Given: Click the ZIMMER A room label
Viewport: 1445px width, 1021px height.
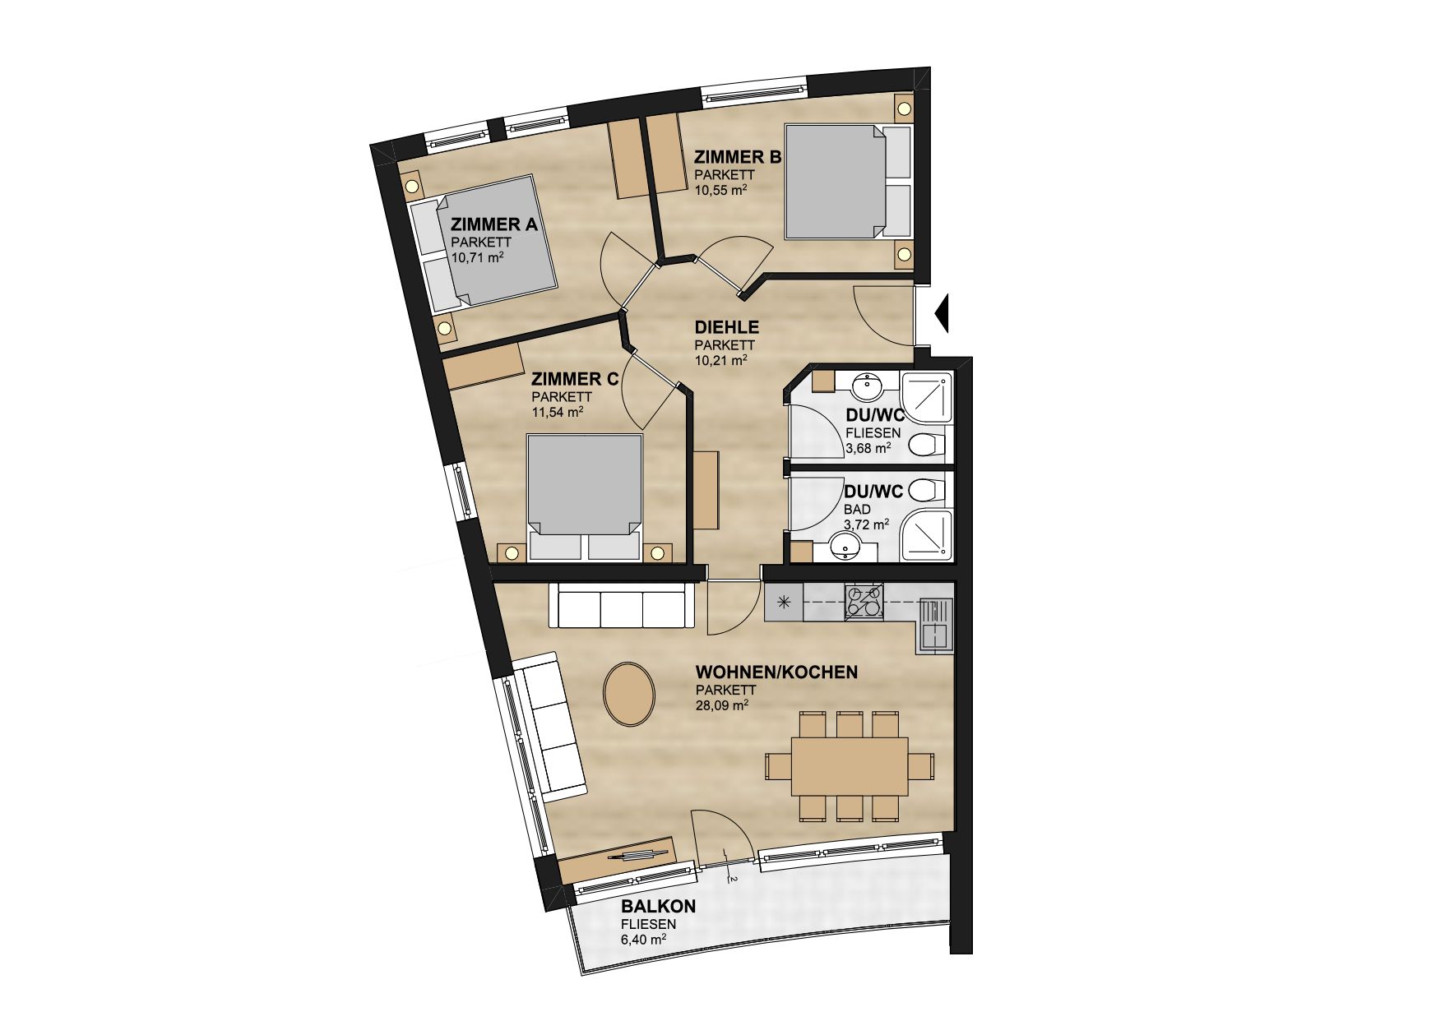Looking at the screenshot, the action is [494, 224].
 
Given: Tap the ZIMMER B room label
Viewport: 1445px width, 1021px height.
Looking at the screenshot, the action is [737, 157].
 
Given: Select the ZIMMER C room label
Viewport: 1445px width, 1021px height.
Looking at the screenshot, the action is [575, 379].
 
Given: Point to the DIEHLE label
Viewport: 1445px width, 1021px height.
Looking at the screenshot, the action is [727, 328].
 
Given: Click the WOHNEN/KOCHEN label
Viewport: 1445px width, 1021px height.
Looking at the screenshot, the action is [776, 672].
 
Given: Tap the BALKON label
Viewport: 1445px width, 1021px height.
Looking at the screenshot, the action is [659, 907].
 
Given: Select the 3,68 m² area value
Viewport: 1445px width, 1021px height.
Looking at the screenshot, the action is [868, 449].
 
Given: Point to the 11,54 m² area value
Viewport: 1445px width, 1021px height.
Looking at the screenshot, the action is [558, 412].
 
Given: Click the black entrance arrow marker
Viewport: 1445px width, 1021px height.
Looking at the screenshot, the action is [942, 312].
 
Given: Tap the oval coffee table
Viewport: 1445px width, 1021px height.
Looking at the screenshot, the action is [629, 693].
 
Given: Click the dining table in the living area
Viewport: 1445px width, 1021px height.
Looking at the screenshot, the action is [850, 765].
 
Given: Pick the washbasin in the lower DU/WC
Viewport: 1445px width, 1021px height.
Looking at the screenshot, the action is [845, 545].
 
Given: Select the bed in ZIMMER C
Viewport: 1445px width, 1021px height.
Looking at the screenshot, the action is [585, 497].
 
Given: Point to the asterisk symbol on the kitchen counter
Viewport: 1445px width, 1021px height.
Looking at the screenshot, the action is [784, 602].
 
